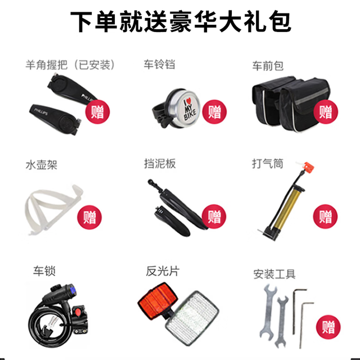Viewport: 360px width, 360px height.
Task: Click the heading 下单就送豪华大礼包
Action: (181, 22)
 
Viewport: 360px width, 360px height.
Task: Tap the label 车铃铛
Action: (159, 65)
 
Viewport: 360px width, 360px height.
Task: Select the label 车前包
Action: (268, 66)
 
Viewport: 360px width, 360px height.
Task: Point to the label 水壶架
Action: (41, 165)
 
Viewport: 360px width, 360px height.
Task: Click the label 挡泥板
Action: (160, 164)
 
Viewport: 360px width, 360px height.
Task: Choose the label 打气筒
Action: (268, 164)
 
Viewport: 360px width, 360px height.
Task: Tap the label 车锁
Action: (44, 271)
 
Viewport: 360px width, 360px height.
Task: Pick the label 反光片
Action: (163, 271)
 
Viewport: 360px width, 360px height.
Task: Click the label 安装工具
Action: (274, 274)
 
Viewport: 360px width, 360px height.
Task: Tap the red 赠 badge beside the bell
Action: (214, 112)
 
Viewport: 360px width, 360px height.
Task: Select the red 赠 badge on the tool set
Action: (328, 327)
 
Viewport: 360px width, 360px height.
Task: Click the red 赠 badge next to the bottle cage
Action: (89, 217)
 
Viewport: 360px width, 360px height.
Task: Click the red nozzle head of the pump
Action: (308, 166)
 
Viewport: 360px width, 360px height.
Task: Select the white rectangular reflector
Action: (192, 318)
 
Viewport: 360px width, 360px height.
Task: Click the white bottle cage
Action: (54, 209)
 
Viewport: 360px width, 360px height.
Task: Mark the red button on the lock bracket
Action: (78, 312)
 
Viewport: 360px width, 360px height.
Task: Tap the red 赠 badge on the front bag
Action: (326, 112)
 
